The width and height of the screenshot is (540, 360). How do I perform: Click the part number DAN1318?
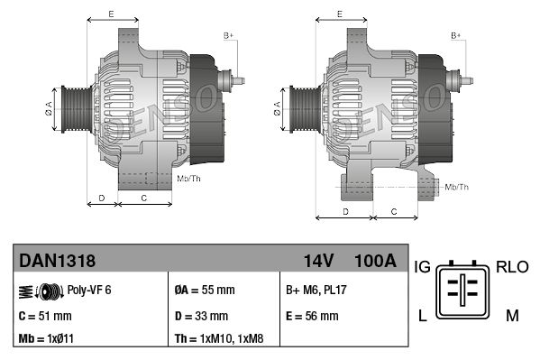57,262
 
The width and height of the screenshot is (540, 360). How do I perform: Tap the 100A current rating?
375,262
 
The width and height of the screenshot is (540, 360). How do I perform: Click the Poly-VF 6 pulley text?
90,291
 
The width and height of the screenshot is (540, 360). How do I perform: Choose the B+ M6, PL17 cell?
316,291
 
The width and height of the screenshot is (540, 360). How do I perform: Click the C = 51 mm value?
45,316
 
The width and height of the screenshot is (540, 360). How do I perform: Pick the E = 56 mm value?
312,316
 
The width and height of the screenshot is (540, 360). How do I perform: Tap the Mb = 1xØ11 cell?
48,340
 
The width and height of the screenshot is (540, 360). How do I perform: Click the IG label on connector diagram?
421,268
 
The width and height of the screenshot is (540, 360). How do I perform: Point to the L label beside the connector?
421,315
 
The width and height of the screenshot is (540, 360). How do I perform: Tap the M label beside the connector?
512,315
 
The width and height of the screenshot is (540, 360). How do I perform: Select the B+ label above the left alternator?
228,35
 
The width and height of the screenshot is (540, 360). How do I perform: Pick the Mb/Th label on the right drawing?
456,187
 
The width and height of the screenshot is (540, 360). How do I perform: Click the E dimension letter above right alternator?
338,14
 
